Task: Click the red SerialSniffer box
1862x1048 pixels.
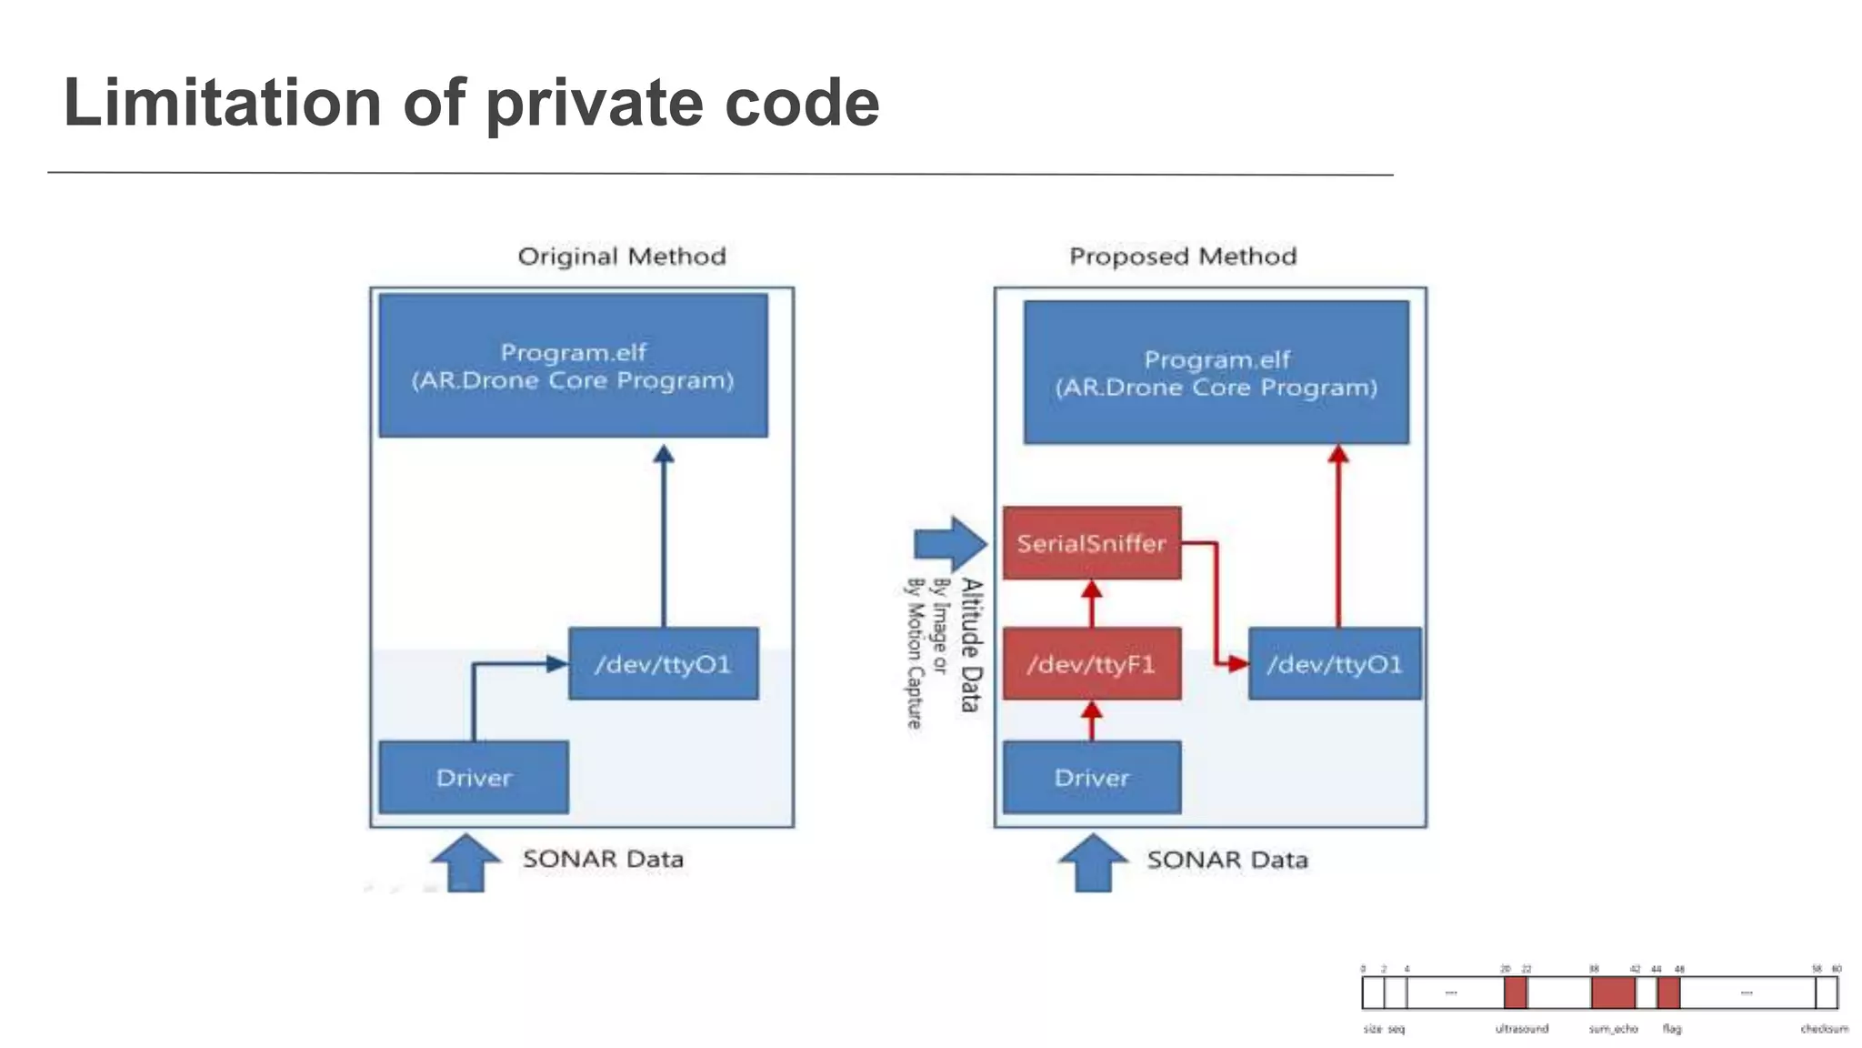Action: (x=1092, y=543)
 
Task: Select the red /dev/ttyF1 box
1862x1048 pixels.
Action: (x=1092, y=664)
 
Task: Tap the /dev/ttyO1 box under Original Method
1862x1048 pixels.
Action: (x=663, y=664)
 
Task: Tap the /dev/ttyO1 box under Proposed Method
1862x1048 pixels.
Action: (x=1335, y=664)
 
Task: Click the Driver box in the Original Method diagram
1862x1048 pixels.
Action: (x=474, y=778)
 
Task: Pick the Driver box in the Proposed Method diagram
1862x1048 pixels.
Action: (x=1092, y=778)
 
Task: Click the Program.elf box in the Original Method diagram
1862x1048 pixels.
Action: (x=573, y=366)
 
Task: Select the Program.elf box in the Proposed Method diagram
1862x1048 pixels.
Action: (x=1216, y=373)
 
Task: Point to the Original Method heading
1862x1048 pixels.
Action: (x=622, y=257)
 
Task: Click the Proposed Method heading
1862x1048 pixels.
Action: (x=1183, y=257)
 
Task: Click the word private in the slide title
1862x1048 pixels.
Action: (x=595, y=104)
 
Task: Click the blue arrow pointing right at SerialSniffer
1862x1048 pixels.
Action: (x=949, y=544)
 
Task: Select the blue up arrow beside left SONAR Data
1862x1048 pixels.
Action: (x=465, y=862)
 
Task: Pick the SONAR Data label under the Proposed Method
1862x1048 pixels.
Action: (x=1227, y=860)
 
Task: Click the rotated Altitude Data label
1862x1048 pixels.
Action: (x=972, y=644)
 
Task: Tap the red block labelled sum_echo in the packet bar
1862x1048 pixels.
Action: (x=1613, y=993)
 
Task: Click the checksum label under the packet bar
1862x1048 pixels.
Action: (x=1824, y=1029)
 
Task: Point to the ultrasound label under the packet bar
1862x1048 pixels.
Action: (x=1521, y=1029)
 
